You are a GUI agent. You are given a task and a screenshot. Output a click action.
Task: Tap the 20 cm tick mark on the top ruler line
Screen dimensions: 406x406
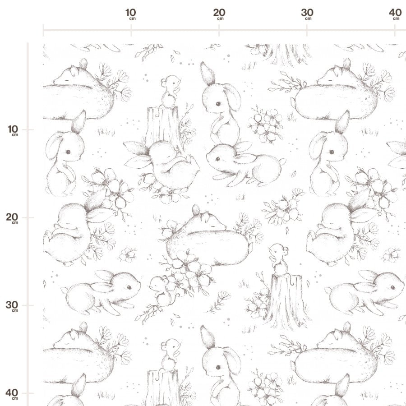(219, 30)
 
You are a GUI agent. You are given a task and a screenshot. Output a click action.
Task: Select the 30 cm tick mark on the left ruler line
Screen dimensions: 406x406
(28, 305)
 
